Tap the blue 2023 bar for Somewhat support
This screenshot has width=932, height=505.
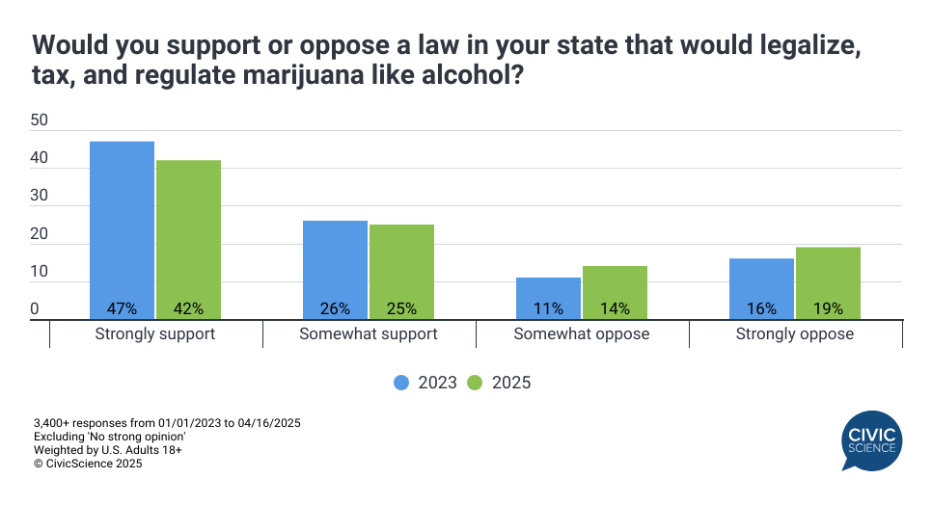[x=335, y=269]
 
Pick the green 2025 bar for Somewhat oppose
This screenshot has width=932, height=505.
[x=615, y=292]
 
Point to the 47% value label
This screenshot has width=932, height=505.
[x=122, y=309]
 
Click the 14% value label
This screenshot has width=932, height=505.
[x=615, y=309]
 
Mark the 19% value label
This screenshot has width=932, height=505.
[x=828, y=309]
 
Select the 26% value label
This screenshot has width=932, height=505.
[x=335, y=309]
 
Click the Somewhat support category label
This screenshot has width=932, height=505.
[x=369, y=334]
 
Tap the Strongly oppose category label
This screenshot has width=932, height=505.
[x=795, y=334]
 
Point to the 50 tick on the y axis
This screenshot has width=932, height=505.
[x=40, y=120]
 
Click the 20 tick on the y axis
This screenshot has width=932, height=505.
[x=40, y=234]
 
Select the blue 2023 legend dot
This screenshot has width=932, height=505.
[x=402, y=383]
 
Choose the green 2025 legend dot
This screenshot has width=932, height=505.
[x=476, y=383]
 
